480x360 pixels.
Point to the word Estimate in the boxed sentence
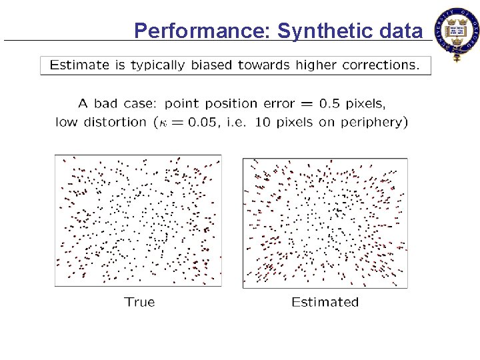79,65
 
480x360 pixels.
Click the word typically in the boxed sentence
155,65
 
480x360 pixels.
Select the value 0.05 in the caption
196,122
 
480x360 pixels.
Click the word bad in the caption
105,103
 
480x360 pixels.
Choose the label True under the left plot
139,302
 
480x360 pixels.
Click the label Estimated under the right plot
325,302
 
